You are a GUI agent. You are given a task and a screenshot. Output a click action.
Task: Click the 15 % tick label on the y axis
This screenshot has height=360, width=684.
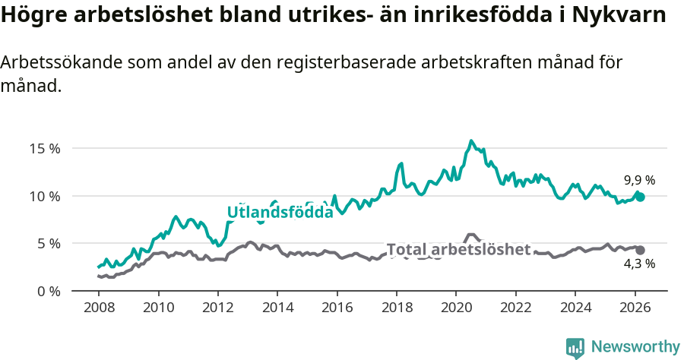click(x=44, y=148)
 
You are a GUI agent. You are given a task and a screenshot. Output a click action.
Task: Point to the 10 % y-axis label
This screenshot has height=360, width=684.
click(x=44, y=196)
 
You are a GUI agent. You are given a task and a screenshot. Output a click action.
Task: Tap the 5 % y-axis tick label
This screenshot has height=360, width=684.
click(x=48, y=244)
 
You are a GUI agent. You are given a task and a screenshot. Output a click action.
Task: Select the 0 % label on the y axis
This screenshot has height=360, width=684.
click(x=48, y=291)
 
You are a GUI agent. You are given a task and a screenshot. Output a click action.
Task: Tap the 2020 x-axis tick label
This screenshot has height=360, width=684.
click(x=456, y=308)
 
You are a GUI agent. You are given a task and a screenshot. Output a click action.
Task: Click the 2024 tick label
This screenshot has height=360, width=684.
click(x=575, y=308)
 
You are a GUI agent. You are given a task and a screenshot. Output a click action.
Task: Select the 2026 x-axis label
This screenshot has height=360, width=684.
click(x=634, y=308)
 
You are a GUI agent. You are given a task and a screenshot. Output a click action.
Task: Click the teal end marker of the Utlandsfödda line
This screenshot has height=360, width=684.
click(x=640, y=197)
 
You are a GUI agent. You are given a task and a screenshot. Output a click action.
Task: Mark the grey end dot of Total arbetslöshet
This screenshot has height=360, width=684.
click(x=640, y=250)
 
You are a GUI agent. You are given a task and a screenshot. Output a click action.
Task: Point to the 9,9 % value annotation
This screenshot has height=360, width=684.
click(x=639, y=181)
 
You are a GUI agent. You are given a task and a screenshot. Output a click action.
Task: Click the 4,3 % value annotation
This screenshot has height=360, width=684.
click(x=639, y=264)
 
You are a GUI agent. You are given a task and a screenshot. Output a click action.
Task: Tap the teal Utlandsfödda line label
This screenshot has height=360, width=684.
click(x=280, y=213)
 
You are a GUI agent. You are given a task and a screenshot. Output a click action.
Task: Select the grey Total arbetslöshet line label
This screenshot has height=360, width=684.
click(x=458, y=249)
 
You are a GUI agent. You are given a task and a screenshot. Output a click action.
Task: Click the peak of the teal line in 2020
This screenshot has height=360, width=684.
click(x=471, y=141)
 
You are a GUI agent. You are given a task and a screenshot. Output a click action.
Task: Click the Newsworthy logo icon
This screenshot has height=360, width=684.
click(x=575, y=347)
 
